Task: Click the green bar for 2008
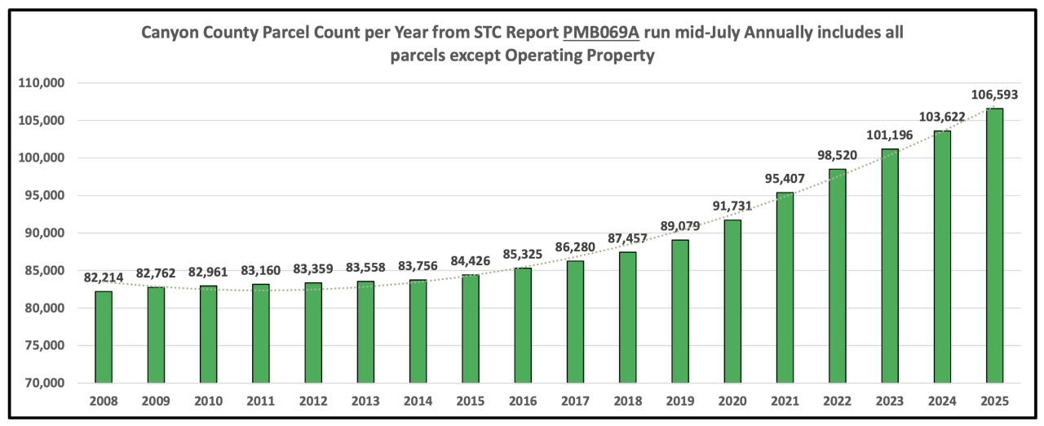click(104, 337)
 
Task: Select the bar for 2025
click(994, 246)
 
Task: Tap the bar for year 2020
click(732, 301)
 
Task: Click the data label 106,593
click(993, 95)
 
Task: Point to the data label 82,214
click(104, 278)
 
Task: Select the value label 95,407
click(784, 180)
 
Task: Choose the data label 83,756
click(418, 267)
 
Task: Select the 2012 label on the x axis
click(313, 402)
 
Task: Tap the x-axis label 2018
click(627, 402)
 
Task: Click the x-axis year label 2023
click(889, 402)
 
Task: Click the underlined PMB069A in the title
click(601, 33)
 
